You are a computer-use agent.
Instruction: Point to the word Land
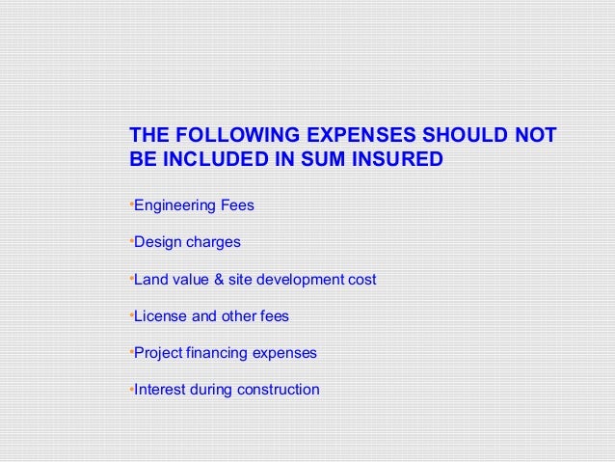click(149, 280)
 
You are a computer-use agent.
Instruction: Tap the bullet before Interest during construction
click(130, 389)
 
